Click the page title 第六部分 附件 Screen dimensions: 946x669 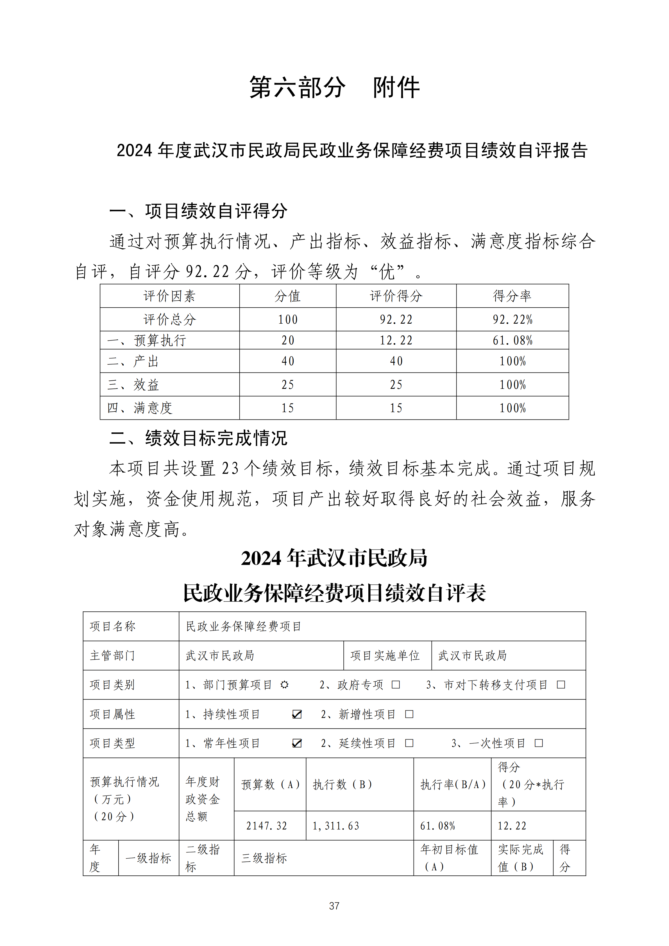coord(334,88)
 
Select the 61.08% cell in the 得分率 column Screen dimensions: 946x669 coord(512,340)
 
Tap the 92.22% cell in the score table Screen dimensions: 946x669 coord(512,319)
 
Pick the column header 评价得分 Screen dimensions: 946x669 coord(396,296)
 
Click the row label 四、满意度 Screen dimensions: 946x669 coord(140,408)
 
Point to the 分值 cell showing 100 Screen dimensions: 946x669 coord(287,319)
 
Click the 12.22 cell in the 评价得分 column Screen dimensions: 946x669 coord(396,340)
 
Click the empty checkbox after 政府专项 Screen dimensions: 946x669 coord(395,684)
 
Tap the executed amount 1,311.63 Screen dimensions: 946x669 coord(336,826)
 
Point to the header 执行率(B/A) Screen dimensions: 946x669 coord(453,784)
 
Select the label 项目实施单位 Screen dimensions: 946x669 coord(385,655)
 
